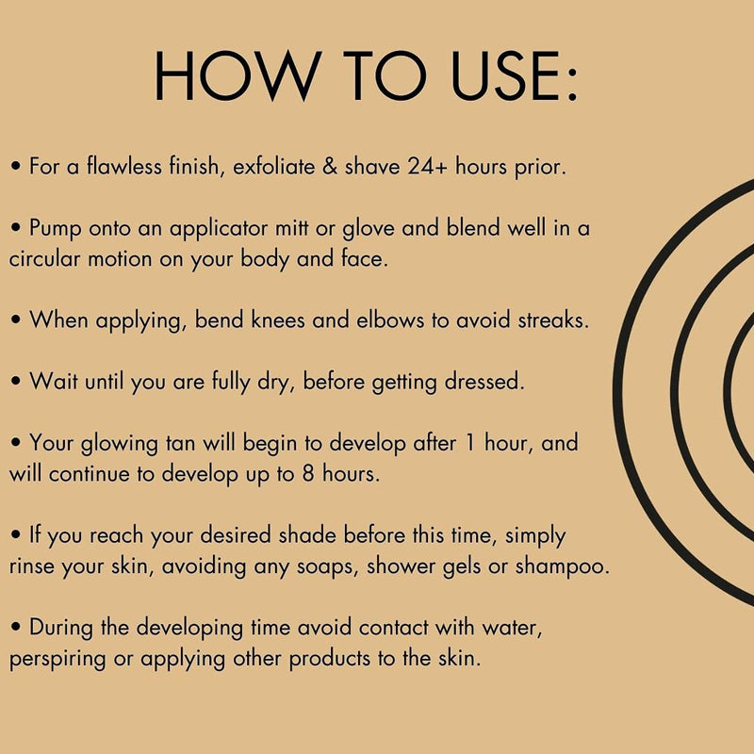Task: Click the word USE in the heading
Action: coord(507,76)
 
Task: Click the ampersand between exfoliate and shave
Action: coord(330,166)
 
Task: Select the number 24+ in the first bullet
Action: coord(427,166)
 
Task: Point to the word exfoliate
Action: coord(273,166)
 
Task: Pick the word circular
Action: coord(44,258)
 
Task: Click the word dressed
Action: coord(484,382)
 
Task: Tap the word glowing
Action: coord(120,444)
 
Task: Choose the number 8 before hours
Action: coord(308,474)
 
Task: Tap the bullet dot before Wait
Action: coord(16,381)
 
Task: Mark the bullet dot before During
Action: coord(16,627)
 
